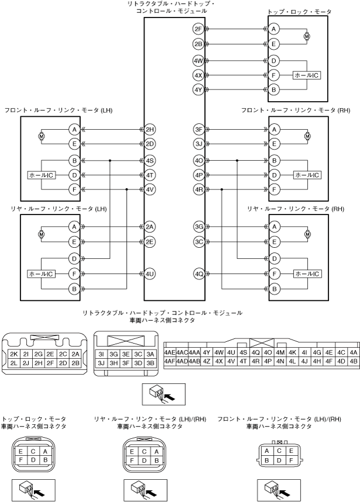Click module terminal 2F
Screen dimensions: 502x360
(x=198, y=28)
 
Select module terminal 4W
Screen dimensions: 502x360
(x=198, y=61)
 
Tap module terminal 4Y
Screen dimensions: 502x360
(x=198, y=89)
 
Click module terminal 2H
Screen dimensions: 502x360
(x=151, y=129)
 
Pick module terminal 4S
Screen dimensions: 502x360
(x=151, y=160)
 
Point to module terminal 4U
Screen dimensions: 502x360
(x=151, y=273)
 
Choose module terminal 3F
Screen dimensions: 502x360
(x=198, y=129)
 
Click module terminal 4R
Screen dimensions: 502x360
(x=198, y=189)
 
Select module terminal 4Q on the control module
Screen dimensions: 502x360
(x=198, y=273)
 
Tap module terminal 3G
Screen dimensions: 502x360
(x=198, y=226)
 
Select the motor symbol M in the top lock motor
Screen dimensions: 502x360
(x=307, y=36)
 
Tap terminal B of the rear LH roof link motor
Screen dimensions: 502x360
(x=74, y=288)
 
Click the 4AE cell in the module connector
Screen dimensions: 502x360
(x=171, y=352)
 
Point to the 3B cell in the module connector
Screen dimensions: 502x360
(x=150, y=363)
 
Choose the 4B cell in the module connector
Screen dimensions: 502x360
(x=353, y=361)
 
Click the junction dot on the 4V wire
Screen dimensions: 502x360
(x=127, y=189)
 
